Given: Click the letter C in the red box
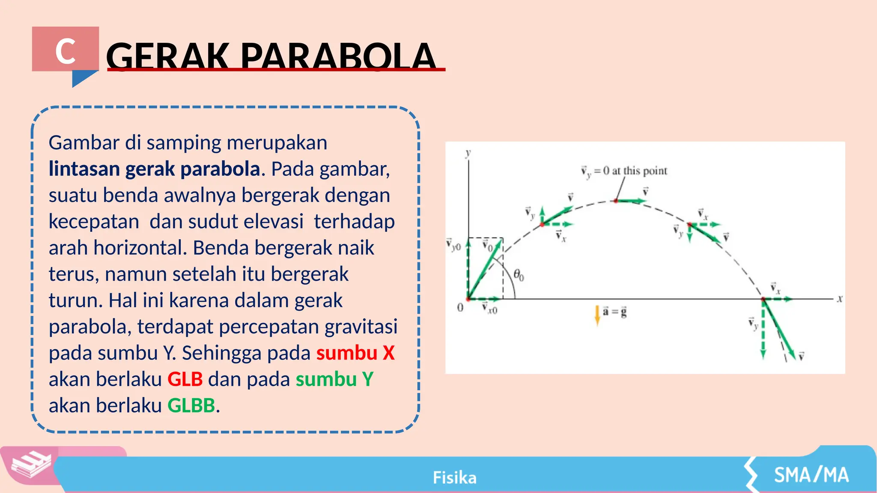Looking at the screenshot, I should point(66,51).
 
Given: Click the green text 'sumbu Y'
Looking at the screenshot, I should point(334,380).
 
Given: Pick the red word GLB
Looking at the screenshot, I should point(185,380).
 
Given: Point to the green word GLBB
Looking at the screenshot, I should point(191,406).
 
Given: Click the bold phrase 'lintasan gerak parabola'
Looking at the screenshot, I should point(154,169).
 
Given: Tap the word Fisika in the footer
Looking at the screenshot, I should point(454,478).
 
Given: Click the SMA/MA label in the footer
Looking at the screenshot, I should point(811,475).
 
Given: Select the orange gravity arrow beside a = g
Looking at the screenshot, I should point(597,315).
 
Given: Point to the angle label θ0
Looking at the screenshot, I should point(518,275).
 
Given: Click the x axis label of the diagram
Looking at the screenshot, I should point(840,299).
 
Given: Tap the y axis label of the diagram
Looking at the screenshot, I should point(468,153).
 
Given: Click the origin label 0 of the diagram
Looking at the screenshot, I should point(460,307).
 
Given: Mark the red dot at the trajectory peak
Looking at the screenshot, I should point(616,201).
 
